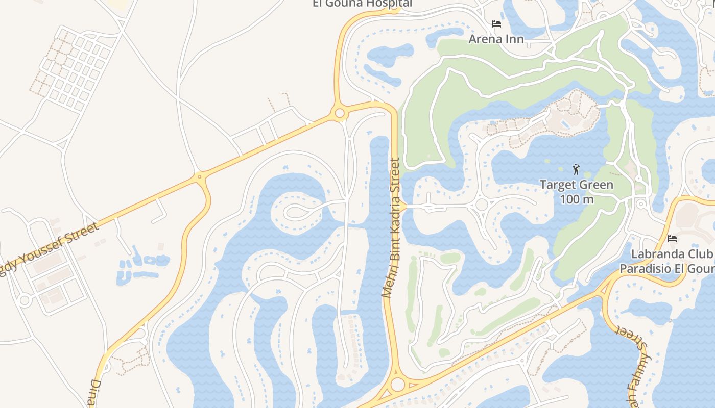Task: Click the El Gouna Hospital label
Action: tap(362, 4)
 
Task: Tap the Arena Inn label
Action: tap(496, 39)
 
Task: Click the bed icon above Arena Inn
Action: tap(496, 24)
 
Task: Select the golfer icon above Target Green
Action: tap(576, 169)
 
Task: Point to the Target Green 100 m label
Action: tap(577, 191)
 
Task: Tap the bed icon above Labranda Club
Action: tap(672, 239)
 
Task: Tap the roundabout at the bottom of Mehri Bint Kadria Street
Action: tap(397, 384)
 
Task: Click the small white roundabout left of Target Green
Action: tap(481, 205)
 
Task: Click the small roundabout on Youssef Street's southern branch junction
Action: tap(200, 177)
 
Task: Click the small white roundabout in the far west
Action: tap(24, 300)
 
